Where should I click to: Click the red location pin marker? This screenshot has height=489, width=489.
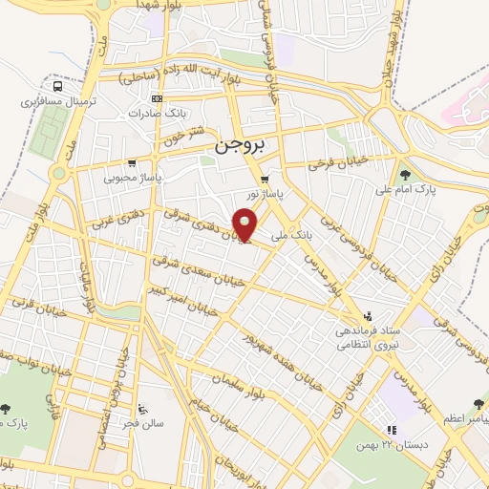coord(245,225)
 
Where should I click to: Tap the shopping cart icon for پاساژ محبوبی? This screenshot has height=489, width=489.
coord(131,164)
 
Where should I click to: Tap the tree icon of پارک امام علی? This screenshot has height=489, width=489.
coord(406,175)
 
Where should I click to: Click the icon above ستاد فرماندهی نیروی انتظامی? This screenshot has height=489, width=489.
coord(366,316)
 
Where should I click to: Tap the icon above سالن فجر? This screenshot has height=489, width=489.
coord(142,410)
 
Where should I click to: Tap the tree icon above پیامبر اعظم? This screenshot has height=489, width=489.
coord(478,405)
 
